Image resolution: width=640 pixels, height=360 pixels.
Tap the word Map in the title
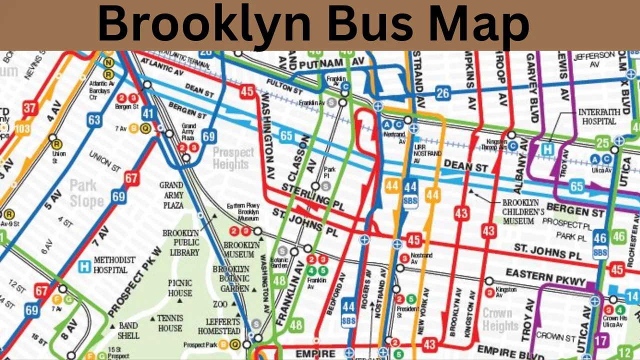pyautogui.click(x=476, y=24)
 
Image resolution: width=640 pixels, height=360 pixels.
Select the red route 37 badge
pyautogui.click(x=30, y=107)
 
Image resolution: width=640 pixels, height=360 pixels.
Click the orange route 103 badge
pyautogui.click(x=22, y=128)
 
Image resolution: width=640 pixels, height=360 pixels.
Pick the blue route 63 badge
pyautogui.click(x=94, y=120)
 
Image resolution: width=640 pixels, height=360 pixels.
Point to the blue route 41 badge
pyautogui.click(x=147, y=113)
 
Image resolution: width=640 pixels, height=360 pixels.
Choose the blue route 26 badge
pyautogui.click(x=442, y=92)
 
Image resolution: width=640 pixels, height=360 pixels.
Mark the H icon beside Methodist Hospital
pyautogui.click(x=84, y=266)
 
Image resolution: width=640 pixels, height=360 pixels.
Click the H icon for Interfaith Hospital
pyautogui.click(x=548, y=149)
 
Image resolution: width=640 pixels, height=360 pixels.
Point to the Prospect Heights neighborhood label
pyautogui.click(x=233, y=158)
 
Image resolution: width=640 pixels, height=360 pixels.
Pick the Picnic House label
pyautogui.click(x=180, y=288)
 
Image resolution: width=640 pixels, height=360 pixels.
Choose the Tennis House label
pyautogui.click(x=170, y=323)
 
